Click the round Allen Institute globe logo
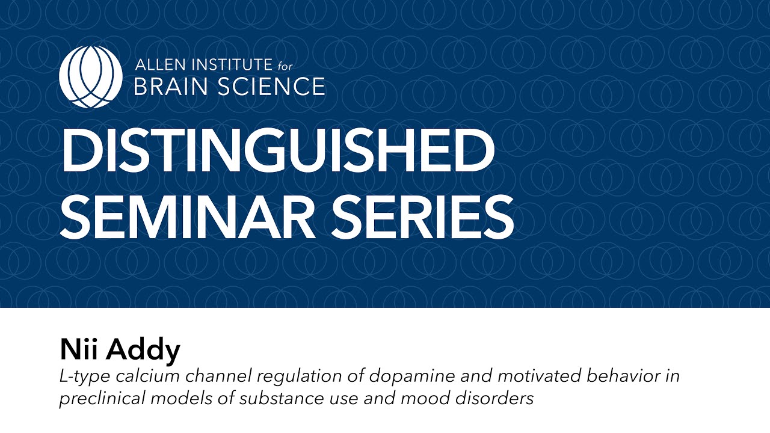(x=91, y=77)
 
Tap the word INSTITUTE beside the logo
(x=230, y=65)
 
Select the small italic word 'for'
(x=285, y=65)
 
